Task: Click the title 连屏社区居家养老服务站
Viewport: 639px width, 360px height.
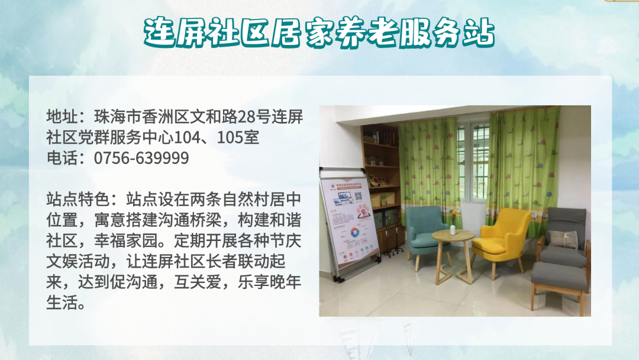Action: (319, 33)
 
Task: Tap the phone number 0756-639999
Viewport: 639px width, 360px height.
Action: (141, 157)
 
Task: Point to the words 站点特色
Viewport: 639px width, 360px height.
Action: (78, 200)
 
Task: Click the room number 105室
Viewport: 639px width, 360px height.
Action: (238, 137)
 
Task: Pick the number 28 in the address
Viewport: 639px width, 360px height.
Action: (246, 117)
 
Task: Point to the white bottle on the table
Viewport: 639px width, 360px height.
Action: (453, 230)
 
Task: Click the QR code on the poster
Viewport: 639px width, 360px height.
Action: (359, 197)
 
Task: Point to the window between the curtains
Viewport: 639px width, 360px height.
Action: (473, 163)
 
